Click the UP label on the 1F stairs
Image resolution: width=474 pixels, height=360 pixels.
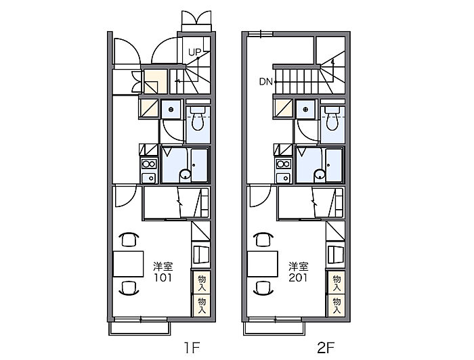click(194, 52)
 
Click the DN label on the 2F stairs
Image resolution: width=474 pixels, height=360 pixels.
click(265, 82)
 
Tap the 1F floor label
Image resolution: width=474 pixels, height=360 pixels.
click(192, 348)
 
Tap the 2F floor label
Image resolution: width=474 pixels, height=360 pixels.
click(326, 348)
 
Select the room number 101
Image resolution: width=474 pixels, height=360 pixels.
click(163, 277)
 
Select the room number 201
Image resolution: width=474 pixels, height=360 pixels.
click(298, 277)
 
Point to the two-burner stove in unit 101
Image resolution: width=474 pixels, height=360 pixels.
click(149, 164)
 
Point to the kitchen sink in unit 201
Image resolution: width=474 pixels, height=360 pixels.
click(283, 177)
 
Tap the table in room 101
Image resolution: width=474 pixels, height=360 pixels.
click(128, 264)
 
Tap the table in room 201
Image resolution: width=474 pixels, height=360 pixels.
click(263, 264)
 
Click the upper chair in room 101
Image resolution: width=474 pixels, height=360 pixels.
click(129, 239)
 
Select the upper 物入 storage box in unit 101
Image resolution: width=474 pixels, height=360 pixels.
click(202, 282)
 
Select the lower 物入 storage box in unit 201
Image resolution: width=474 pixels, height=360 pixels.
click(336, 306)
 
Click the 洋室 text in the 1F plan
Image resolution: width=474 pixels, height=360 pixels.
click(163, 267)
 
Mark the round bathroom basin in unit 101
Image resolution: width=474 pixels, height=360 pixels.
click(185, 175)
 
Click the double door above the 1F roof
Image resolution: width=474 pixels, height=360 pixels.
click(196, 21)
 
